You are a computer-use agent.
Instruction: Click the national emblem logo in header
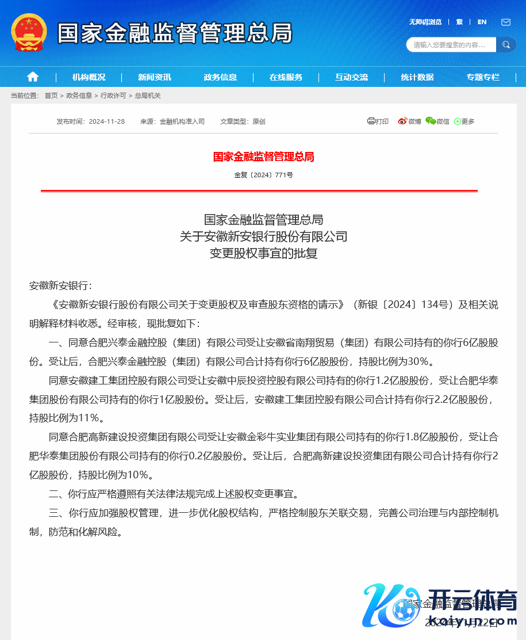(29, 32)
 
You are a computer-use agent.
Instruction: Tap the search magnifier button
(506, 44)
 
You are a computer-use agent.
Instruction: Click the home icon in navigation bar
(33, 77)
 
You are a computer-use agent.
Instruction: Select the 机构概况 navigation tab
(89, 77)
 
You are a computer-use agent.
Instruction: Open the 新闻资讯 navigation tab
(155, 77)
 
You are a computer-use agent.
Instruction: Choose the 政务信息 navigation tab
(220, 77)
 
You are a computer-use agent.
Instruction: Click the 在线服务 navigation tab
(286, 77)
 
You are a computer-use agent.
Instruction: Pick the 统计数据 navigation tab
(417, 77)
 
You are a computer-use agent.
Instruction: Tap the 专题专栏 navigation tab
(483, 77)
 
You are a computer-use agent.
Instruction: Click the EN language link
(482, 22)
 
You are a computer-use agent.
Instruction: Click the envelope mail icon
(506, 22)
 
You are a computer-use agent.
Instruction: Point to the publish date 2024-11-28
(107, 121)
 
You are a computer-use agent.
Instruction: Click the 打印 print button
(378, 121)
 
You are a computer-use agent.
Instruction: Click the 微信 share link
(437, 121)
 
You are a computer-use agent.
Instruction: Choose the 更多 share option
(464, 121)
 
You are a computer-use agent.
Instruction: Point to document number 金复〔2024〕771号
(263, 175)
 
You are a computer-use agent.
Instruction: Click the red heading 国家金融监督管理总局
(263, 157)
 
